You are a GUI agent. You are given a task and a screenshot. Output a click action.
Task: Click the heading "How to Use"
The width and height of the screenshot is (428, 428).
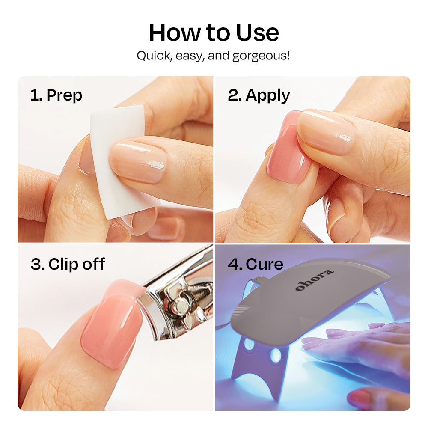tap(214, 33)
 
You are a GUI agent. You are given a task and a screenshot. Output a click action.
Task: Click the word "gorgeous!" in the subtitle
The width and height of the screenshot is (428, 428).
tap(261, 56)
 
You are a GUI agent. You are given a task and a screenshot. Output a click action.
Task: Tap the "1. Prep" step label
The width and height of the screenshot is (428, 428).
tap(56, 95)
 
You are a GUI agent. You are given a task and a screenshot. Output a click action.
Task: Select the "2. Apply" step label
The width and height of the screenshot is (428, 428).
tap(259, 95)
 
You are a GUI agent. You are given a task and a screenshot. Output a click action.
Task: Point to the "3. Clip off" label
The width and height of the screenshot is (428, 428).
tap(68, 264)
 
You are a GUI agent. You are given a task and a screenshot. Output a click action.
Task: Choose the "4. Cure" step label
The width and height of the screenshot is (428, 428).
tap(256, 264)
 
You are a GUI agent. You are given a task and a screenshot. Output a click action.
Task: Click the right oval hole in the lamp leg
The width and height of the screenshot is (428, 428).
tap(276, 355)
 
